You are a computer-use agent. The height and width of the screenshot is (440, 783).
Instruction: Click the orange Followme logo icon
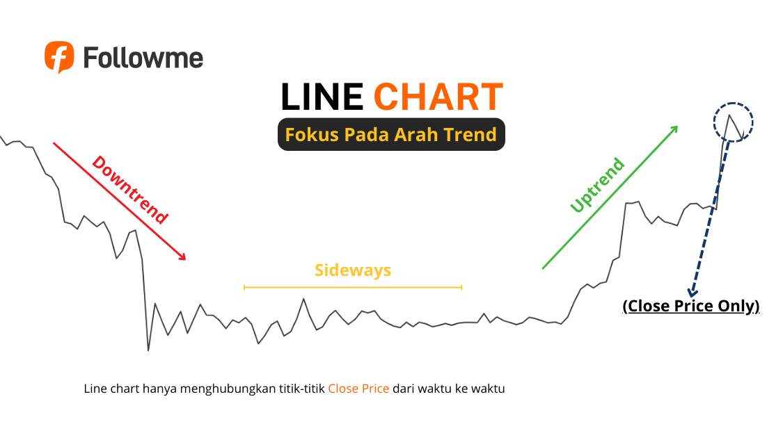[x=59, y=56]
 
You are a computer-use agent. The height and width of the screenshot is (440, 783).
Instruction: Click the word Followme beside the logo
[x=143, y=57]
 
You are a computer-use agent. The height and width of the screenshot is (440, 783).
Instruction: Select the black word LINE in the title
[x=322, y=97]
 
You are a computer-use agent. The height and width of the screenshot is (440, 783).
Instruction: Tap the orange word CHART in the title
[x=438, y=97]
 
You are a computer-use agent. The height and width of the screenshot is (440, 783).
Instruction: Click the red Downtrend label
[x=130, y=190]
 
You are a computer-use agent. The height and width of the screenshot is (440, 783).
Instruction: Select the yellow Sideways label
[x=353, y=270]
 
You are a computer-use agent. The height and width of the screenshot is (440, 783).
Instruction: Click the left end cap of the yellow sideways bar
[x=244, y=286]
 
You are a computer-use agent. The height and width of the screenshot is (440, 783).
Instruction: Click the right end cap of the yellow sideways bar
[x=461, y=286]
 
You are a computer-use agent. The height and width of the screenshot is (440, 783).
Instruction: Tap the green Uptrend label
[x=597, y=186]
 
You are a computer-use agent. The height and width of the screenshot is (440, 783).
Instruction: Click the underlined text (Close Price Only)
[x=691, y=307]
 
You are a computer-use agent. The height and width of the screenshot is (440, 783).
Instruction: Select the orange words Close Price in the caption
[x=358, y=389]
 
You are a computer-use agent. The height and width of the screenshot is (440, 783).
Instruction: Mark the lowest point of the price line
[x=148, y=350]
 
